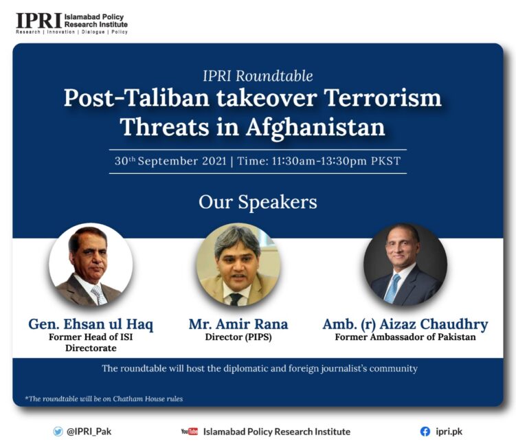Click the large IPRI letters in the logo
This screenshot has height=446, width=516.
[39, 21]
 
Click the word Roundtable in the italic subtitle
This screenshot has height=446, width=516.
[274, 76]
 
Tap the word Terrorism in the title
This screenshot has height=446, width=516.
[383, 98]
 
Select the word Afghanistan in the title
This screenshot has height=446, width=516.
[315, 128]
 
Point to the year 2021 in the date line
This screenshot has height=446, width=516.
[214, 161]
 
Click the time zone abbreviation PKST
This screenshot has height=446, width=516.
[385, 161]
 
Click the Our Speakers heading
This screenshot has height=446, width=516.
[258, 202]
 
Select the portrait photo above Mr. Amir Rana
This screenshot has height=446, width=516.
[238, 265]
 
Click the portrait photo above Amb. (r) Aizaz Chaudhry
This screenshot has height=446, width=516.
[405, 265]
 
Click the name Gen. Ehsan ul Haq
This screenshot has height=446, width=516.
[91, 324]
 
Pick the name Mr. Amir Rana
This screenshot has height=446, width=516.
[238, 324]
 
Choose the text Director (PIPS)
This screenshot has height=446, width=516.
[238, 337]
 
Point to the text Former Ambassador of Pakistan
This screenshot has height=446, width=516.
[405, 337]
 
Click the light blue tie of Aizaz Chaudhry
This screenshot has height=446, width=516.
[392, 289]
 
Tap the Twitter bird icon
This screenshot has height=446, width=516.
[58, 432]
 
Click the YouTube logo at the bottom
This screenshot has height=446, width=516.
[190, 432]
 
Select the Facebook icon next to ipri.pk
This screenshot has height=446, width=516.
[425, 432]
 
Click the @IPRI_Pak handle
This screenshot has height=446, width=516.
[89, 432]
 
